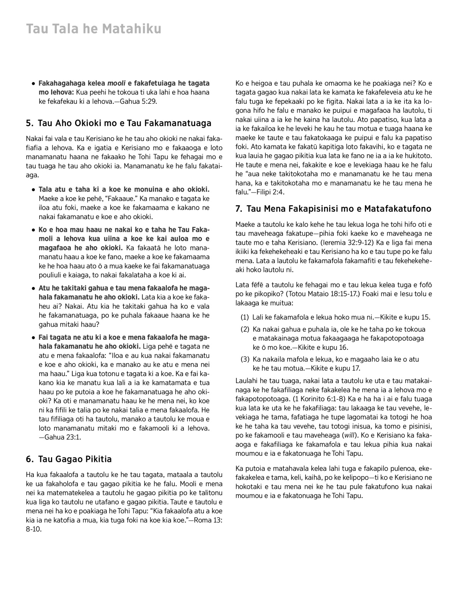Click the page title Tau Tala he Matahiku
(94, 29)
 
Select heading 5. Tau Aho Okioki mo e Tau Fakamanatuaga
(119, 123)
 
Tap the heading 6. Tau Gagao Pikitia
(69, 459)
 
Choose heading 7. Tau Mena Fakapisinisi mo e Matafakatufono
(333, 209)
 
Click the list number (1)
(245, 318)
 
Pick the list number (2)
(245, 329)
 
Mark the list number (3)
(245, 359)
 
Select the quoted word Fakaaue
(125, 199)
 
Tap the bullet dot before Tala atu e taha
(34, 190)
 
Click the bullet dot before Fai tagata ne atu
(34, 338)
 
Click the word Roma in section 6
(203, 520)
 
